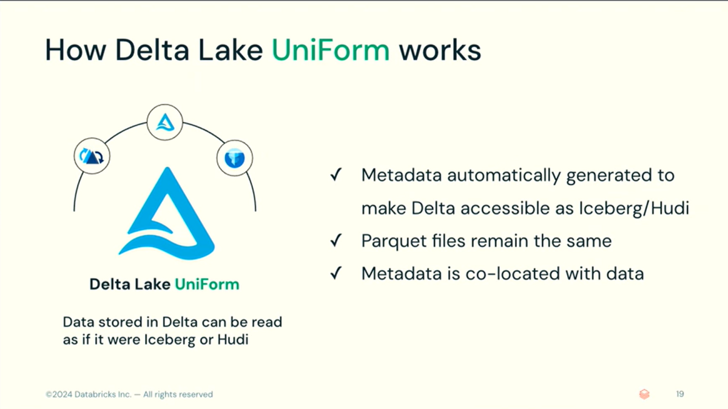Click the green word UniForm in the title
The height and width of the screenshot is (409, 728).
tap(330, 50)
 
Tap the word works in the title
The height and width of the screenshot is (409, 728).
tap(440, 50)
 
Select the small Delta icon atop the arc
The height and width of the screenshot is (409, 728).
tap(165, 123)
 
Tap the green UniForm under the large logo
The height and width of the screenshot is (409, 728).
tap(207, 284)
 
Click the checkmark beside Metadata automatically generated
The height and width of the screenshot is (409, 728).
tap(334, 175)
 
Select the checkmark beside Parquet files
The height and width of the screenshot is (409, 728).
tap(334, 241)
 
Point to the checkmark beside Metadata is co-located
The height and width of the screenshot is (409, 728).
tap(334, 274)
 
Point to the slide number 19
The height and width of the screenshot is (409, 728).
tap(680, 394)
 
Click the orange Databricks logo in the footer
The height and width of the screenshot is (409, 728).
tap(644, 394)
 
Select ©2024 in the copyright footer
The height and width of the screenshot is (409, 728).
tap(59, 394)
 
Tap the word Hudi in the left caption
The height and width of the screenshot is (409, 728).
tap(236, 339)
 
